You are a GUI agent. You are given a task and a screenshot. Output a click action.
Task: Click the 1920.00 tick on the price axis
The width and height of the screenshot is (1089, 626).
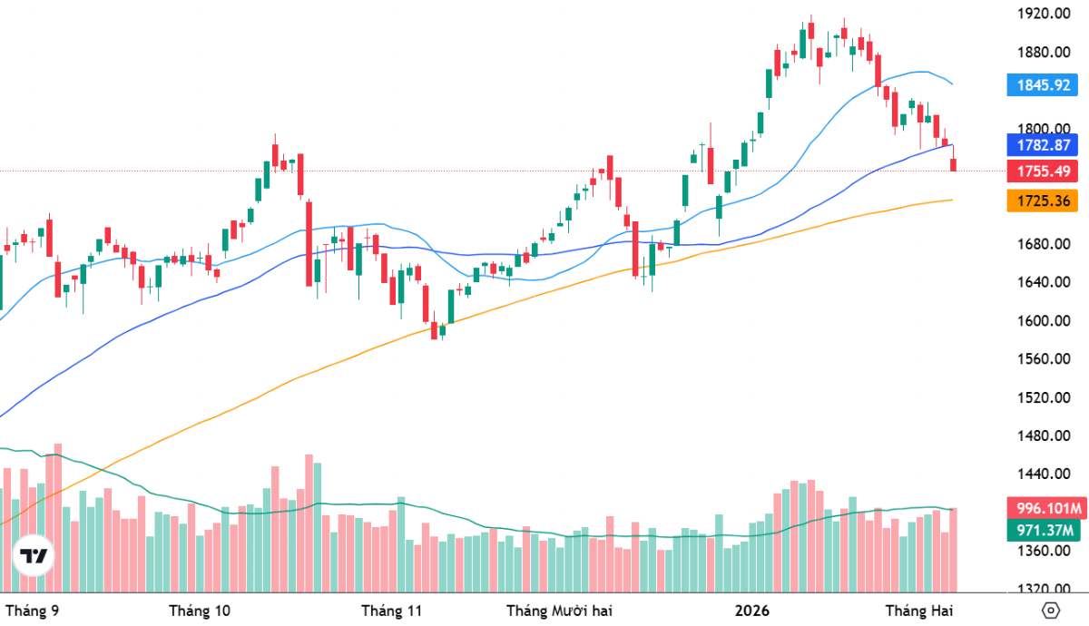(x=1042, y=14)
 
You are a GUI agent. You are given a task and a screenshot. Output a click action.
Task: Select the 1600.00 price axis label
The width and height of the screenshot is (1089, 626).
(x=1042, y=320)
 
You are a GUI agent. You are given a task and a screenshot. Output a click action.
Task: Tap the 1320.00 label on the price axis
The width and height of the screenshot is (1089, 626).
(x=1042, y=589)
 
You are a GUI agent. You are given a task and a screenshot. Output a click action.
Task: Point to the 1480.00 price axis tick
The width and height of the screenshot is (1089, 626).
(x=1042, y=435)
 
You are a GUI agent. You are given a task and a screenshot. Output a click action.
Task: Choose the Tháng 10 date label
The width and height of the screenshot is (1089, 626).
(x=200, y=610)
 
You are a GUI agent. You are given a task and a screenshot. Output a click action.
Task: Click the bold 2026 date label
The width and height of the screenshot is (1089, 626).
(x=752, y=610)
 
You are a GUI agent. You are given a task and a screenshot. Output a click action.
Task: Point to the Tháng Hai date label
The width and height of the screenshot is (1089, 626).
(x=919, y=610)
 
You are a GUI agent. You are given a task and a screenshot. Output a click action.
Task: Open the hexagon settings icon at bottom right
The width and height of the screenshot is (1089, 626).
(x=1052, y=610)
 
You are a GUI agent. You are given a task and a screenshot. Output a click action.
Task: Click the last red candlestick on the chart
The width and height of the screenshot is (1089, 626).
(x=954, y=164)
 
